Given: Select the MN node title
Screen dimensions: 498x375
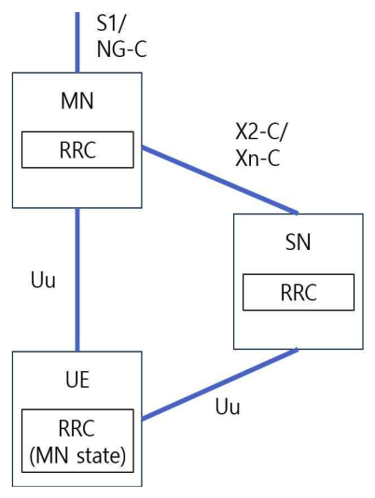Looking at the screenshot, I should pos(76,97).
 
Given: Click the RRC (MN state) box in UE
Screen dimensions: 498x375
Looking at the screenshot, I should pos(76,441).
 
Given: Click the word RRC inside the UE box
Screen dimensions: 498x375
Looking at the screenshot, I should pos(76,430).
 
